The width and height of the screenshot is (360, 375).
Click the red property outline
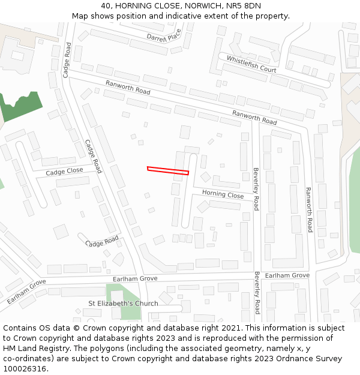[168, 170]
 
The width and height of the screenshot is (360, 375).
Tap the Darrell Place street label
[164, 37]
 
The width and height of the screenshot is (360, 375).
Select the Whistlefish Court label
[251, 64]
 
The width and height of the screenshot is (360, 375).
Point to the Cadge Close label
[64, 172]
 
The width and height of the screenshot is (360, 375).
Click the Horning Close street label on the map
[223, 194]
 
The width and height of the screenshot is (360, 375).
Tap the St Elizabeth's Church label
[123, 303]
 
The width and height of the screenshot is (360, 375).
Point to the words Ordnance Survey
[308, 359]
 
